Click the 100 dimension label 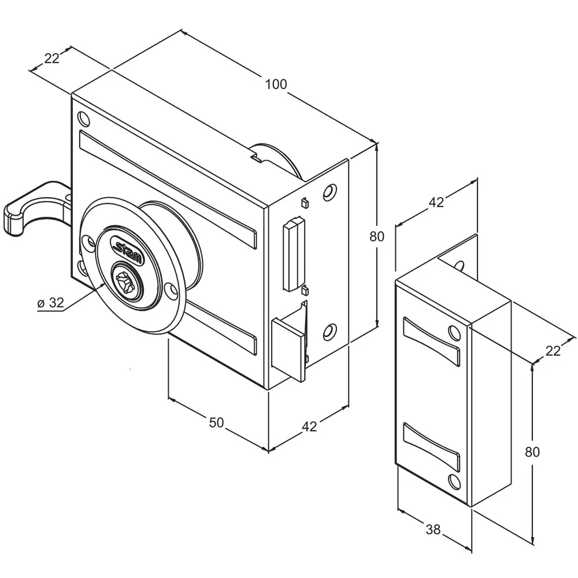click(x=276, y=84)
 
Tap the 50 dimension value click(x=216, y=423)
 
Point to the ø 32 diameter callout click(x=51, y=303)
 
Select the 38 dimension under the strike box click(x=433, y=529)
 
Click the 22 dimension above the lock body click(x=52, y=58)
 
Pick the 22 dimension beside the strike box click(x=553, y=351)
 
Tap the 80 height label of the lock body click(x=377, y=236)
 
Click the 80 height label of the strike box click(x=532, y=452)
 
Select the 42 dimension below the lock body click(x=309, y=427)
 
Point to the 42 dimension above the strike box click(x=436, y=202)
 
